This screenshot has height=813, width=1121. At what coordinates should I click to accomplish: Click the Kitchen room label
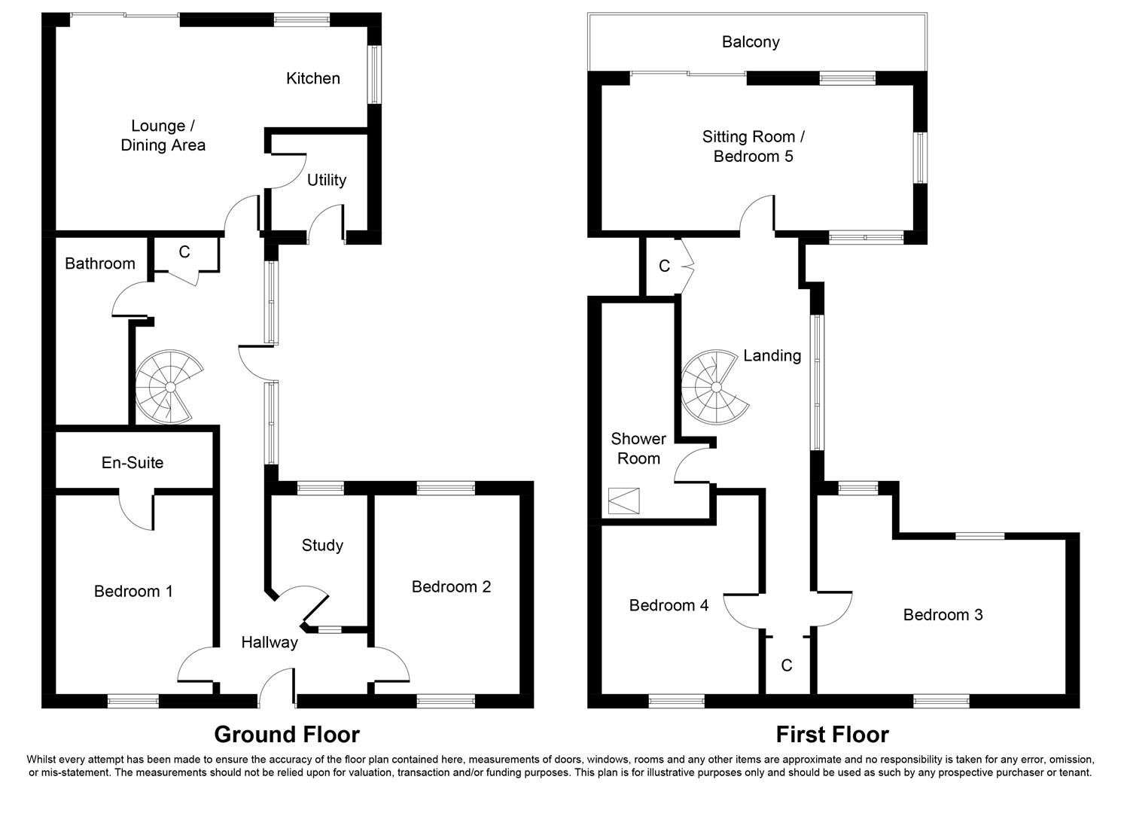click(312, 78)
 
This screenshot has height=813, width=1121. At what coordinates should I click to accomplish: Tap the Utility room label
click(326, 180)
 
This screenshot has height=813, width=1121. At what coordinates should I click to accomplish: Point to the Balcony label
click(750, 42)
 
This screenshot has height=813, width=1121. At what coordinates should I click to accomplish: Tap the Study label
click(322, 545)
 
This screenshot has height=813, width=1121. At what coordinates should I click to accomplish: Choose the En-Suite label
click(133, 462)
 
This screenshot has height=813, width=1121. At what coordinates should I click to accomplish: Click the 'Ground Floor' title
click(287, 734)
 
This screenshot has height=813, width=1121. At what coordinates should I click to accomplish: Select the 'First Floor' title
click(832, 734)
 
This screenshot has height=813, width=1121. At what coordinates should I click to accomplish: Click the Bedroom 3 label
click(943, 615)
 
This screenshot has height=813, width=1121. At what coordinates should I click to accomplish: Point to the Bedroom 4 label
click(669, 605)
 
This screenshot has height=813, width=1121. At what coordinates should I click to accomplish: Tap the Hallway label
click(269, 642)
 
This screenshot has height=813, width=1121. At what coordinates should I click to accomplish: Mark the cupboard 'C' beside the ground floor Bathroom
click(184, 252)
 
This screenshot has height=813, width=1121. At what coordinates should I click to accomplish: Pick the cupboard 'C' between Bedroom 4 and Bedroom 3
click(787, 665)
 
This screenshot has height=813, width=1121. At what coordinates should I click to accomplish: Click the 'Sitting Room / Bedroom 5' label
click(753, 147)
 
